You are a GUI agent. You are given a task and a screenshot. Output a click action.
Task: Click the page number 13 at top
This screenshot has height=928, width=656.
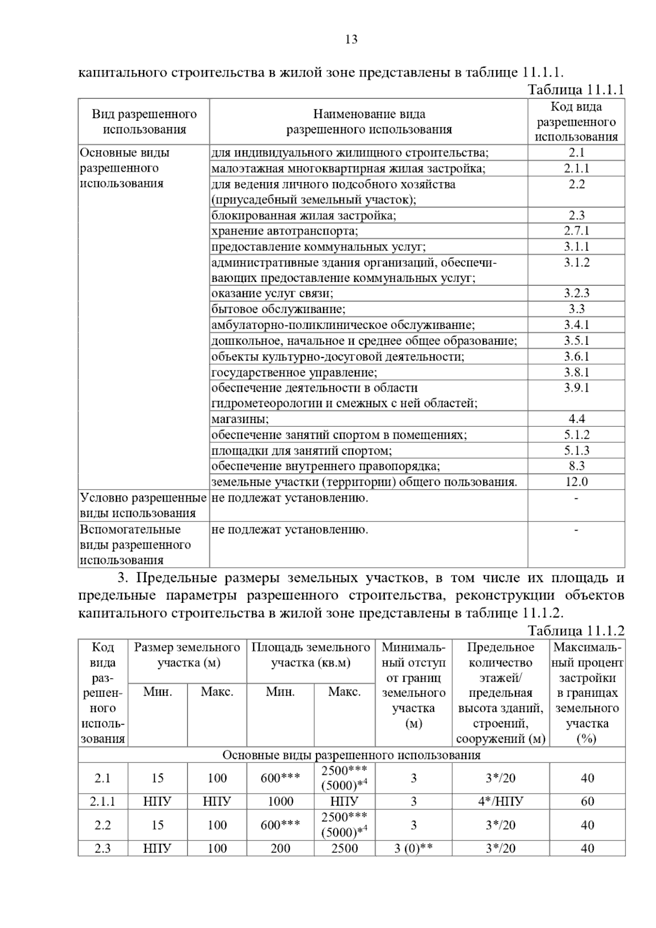[351, 39]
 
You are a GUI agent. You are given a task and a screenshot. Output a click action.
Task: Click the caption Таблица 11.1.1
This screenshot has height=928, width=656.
[575, 90]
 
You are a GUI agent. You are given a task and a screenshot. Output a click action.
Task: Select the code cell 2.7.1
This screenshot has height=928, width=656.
[576, 231]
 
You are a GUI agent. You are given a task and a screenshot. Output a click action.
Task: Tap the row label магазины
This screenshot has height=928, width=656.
[240, 419]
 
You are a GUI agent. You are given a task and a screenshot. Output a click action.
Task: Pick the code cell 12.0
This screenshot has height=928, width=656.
[576, 482]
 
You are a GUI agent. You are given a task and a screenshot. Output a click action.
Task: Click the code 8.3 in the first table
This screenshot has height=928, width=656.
[576, 466]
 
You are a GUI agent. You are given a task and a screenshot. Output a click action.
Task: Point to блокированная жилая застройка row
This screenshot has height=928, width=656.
[303, 215]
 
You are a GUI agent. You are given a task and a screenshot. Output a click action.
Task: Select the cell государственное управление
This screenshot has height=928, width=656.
[294, 373]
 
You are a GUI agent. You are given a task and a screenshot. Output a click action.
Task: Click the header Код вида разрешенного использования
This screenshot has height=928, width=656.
[576, 122]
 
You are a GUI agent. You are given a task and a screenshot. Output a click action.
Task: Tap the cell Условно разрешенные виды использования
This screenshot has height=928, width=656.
[143, 506]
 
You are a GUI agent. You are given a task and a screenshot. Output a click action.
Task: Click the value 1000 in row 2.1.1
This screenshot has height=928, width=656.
[280, 802]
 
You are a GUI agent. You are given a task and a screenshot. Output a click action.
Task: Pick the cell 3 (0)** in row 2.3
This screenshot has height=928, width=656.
[413, 849]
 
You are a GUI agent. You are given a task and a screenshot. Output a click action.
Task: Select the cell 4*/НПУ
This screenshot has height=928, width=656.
[500, 802]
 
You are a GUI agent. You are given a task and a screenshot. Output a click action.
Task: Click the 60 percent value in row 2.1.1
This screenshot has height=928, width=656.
[587, 802]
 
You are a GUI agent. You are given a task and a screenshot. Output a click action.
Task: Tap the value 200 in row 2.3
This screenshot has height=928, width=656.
[280, 849]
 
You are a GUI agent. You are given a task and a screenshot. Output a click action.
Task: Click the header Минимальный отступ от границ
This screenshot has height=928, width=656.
[413, 685]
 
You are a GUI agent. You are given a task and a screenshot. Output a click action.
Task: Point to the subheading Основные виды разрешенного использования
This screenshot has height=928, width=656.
[351, 755]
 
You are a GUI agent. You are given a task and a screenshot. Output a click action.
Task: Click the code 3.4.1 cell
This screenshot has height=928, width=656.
[576, 325]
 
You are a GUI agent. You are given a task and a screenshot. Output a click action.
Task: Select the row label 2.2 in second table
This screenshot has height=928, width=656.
[103, 825]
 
